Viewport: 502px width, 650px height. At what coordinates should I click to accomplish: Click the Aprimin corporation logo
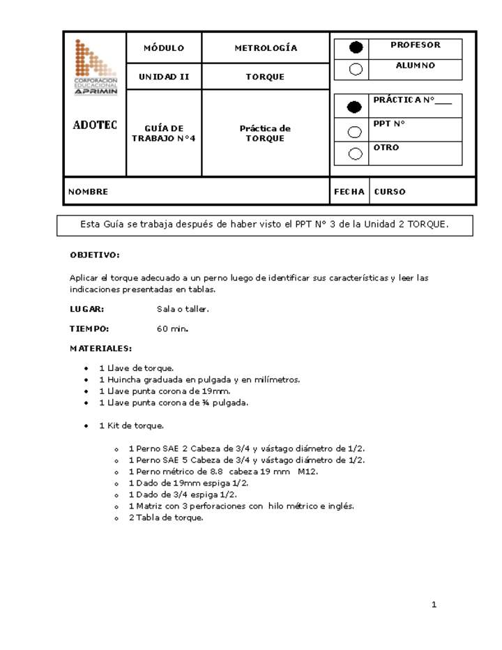(x=96, y=67)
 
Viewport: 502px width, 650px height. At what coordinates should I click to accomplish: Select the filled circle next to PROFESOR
(x=356, y=47)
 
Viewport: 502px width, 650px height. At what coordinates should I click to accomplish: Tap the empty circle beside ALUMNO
(x=356, y=68)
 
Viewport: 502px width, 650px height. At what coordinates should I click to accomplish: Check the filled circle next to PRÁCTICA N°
(x=355, y=107)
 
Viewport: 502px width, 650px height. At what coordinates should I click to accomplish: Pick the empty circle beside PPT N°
(x=355, y=131)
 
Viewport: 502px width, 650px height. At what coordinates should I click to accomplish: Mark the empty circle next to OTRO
(x=355, y=153)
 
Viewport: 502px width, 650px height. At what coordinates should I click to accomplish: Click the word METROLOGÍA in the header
(x=266, y=48)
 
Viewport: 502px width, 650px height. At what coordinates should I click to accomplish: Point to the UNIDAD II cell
(x=164, y=77)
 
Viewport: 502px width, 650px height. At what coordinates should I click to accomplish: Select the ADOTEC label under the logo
(x=95, y=126)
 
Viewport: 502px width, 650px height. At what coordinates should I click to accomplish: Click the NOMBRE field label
(x=88, y=192)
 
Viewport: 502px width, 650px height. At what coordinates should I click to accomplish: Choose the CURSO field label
(x=390, y=192)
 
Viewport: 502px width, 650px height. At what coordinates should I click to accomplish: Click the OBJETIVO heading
(x=95, y=255)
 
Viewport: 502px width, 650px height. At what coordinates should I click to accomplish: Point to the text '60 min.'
(x=172, y=328)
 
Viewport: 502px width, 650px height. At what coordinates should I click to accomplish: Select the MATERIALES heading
(x=100, y=348)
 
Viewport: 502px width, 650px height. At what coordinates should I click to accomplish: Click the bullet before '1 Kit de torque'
(x=86, y=425)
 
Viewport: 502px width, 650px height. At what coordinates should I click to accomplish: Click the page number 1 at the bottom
(x=434, y=605)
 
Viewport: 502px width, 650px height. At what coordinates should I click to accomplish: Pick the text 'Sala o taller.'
(x=183, y=309)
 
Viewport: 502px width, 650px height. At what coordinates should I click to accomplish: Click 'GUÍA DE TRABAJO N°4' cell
(x=164, y=133)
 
